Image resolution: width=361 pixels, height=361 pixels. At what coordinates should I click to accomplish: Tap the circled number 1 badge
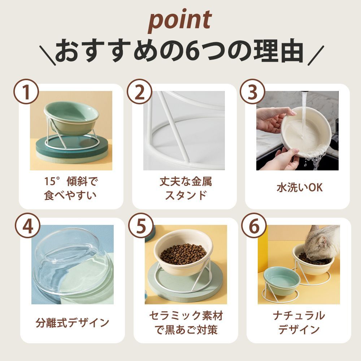pyautogui.click(x=26, y=92)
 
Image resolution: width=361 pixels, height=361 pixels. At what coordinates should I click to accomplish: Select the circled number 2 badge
pyautogui.click(x=139, y=92)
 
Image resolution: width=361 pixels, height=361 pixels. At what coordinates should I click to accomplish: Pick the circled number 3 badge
pyautogui.click(x=253, y=92)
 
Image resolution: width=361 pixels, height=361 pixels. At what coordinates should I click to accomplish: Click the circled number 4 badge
pyautogui.click(x=27, y=226)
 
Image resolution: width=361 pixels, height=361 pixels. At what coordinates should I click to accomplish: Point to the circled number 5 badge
pyautogui.click(x=141, y=226)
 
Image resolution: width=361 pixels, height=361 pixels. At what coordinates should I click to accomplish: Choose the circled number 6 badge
pyautogui.click(x=254, y=226)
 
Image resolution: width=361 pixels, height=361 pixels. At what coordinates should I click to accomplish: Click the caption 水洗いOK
pyautogui.click(x=300, y=188)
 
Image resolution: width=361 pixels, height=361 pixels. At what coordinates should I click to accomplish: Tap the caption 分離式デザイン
pyautogui.click(x=72, y=322)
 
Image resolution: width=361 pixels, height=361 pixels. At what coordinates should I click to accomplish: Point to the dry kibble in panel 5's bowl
pyautogui.click(x=183, y=254)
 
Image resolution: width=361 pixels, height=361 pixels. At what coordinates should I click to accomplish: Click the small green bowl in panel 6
pyautogui.click(x=282, y=281)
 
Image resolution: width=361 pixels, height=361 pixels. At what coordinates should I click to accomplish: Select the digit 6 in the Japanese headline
pyautogui.click(x=192, y=51)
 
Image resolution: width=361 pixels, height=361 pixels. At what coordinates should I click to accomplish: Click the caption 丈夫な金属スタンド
pyautogui.click(x=186, y=188)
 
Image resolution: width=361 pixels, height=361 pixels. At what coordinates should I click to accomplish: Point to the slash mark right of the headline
pyautogui.click(x=316, y=56)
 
